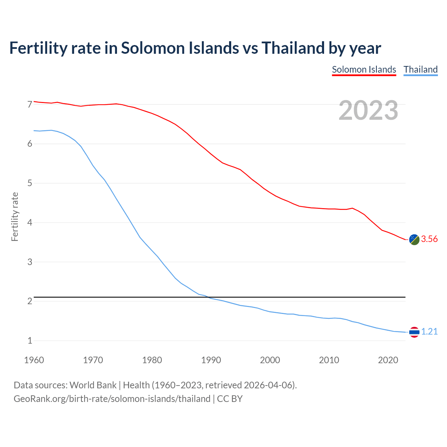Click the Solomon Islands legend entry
[x=364, y=69]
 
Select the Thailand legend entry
[x=420, y=69]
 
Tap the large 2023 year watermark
[x=368, y=110]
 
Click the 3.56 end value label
[x=429, y=239]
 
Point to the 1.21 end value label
[x=429, y=332]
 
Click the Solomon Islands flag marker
[x=414, y=240]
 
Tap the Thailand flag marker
[x=414, y=332]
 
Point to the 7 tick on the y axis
[x=30, y=104]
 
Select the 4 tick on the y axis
[x=30, y=222]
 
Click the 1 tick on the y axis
[x=30, y=340]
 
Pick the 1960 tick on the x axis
[x=34, y=360]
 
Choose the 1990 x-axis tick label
[x=211, y=360]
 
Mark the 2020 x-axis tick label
[x=388, y=360]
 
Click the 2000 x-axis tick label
[x=270, y=360]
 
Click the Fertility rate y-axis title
[x=15, y=217]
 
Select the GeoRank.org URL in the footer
[x=112, y=399]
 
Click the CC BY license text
[x=230, y=399]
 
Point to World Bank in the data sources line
[x=93, y=385]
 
